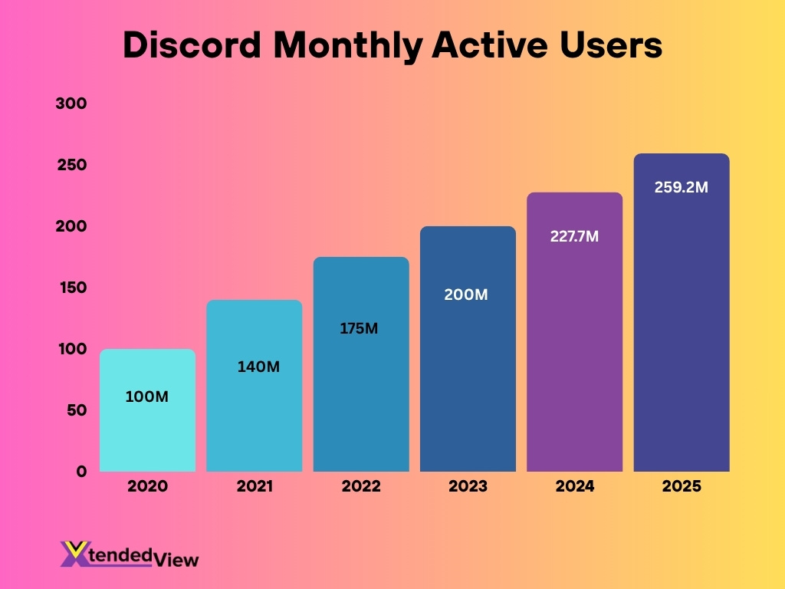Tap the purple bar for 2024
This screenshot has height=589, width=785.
coord(574,345)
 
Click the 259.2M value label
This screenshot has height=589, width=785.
coord(682,186)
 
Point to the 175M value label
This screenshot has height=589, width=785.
coord(360,328)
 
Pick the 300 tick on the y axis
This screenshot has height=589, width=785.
coord(71,104)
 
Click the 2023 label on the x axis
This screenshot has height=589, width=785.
coord(468,486)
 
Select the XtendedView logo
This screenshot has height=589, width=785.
coord(130,554)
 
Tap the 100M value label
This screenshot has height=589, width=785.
coord(146,397)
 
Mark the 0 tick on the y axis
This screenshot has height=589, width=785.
coord(80,471)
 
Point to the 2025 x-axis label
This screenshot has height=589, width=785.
coord(681,486)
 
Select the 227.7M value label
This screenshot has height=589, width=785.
coord(574,236)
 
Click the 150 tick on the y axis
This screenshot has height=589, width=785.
coord(71,288)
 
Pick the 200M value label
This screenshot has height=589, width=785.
coord(466,294)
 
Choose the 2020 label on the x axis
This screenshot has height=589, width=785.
coord(147,486)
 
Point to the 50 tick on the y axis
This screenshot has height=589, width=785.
coord(75,410)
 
